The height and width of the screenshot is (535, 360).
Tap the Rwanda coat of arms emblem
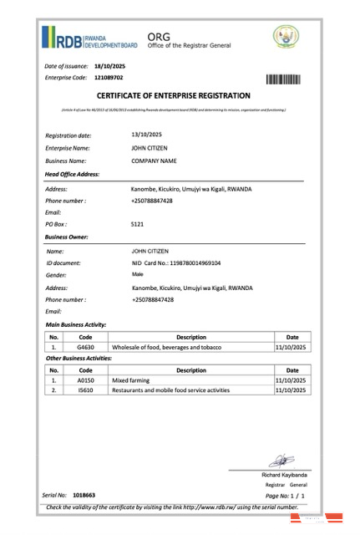[285, 37]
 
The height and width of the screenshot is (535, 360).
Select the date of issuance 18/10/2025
[109, 65]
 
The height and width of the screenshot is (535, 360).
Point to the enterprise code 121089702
[109, 78]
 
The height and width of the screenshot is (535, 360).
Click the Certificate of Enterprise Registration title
[173, 97]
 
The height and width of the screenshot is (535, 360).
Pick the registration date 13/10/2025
[146, 135]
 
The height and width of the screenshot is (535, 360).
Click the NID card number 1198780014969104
[176, 262]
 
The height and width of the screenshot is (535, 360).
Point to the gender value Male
[138, 274]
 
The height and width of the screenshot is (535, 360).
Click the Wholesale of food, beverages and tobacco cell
[180, 346]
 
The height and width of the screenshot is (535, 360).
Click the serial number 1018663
[84, 496]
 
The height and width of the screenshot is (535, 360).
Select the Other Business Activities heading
[79, 358]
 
